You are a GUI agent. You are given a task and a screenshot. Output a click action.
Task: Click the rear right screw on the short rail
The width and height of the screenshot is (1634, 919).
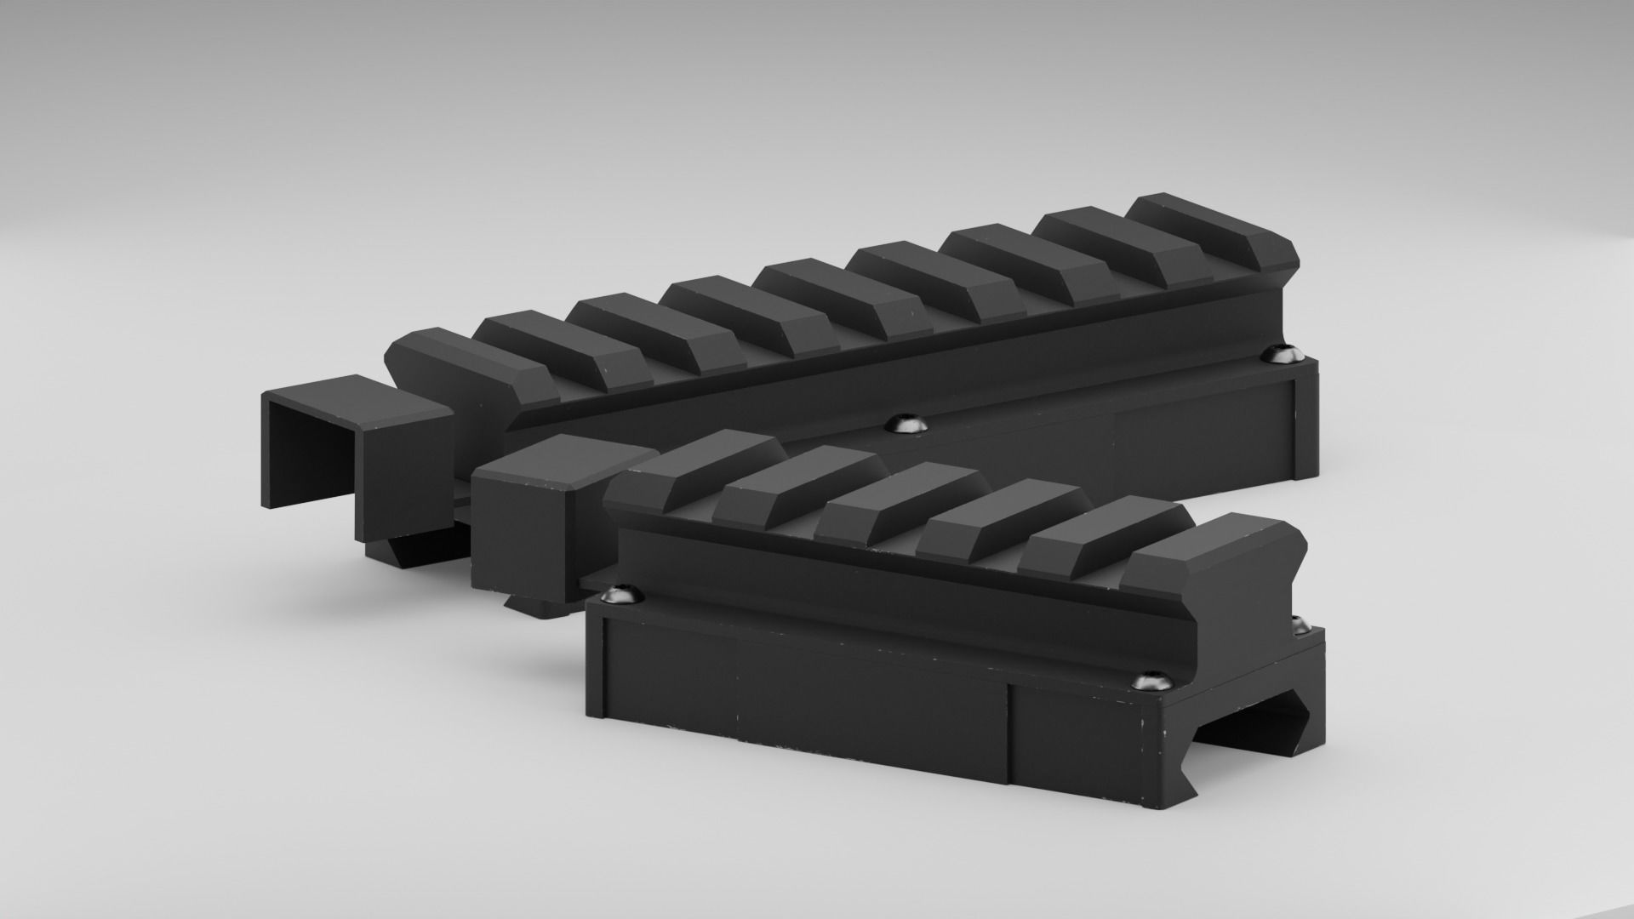[x=1299, y=626]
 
